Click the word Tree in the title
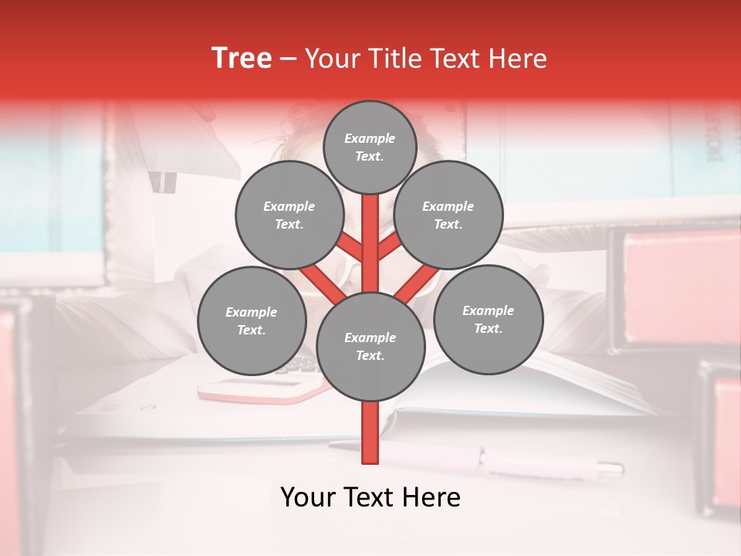[x=242, y=58]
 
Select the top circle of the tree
[x=370, y=147]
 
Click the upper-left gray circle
[x=289, y=215]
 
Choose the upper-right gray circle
[x=448, y=215]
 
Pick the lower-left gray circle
[x=251, y=321]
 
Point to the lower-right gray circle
[x=488, y=320]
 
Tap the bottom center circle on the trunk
[x=370, y=347]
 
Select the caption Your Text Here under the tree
[x=370, y=497]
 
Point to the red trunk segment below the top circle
[x=370, y=232]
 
